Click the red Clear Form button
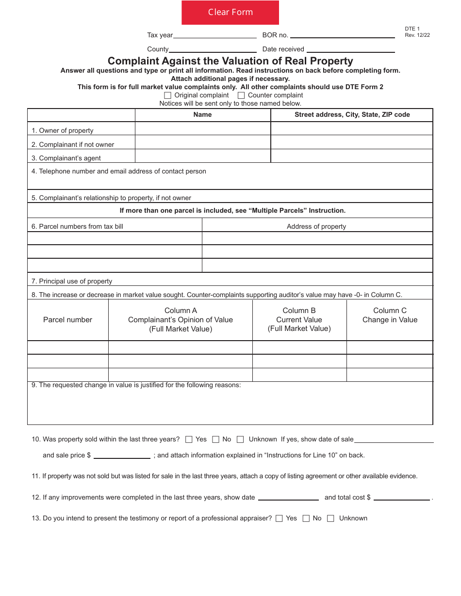230,13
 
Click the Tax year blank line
214,35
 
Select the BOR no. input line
342,35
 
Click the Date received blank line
350,49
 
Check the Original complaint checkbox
168,95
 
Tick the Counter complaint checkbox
241,95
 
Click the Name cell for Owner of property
202,128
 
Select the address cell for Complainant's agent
351,156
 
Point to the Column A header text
181,320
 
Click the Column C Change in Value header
390,315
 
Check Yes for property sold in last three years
189,439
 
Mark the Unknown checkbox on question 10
240,439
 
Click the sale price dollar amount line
122,455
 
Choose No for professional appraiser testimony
306,518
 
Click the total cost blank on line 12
402,497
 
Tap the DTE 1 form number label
410,29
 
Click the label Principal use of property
72,281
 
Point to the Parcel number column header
67,320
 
